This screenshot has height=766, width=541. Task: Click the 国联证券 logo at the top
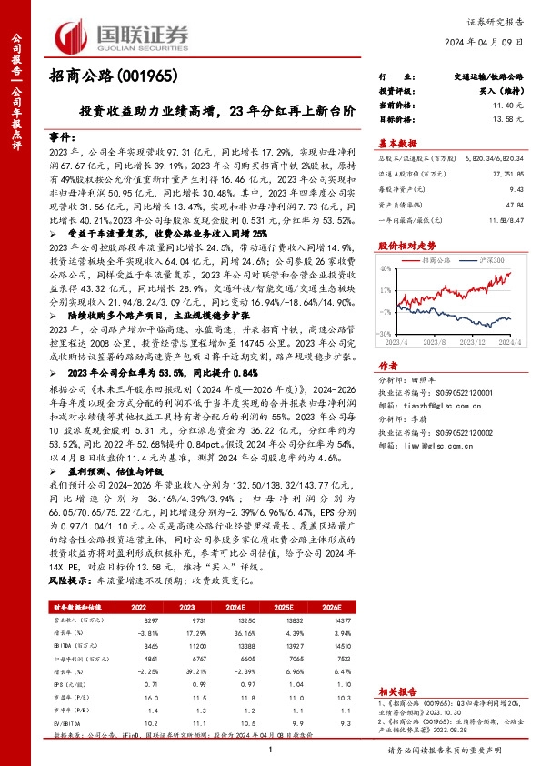coord(122,35)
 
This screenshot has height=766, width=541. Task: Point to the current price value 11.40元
coord(506,106)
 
